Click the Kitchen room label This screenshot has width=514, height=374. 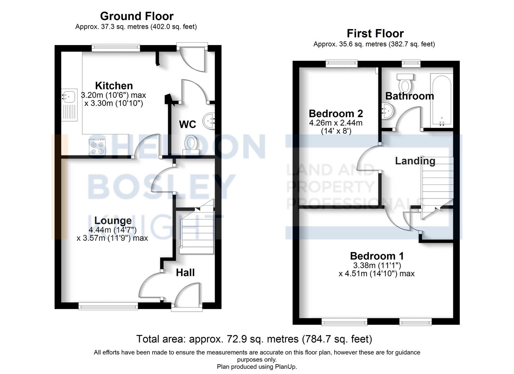coord(114,86)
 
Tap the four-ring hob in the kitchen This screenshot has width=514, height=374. coord(97,147)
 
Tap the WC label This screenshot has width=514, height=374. coord(188,124)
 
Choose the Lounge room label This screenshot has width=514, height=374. coord(113,221)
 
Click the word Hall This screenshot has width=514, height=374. coord(185,273)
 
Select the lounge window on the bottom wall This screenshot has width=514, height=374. coord(108,306)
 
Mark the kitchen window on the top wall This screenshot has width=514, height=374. coord(116,47)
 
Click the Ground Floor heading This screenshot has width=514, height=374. coord(137,16)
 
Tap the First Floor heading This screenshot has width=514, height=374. coord(375,34)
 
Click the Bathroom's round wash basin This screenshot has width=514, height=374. coord(388,112)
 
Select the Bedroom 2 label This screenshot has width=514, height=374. coord(336,114)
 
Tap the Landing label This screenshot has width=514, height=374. coord(415,161)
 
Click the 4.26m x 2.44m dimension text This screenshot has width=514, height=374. coord(336,123)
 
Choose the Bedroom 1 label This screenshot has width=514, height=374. coord(377,256)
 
